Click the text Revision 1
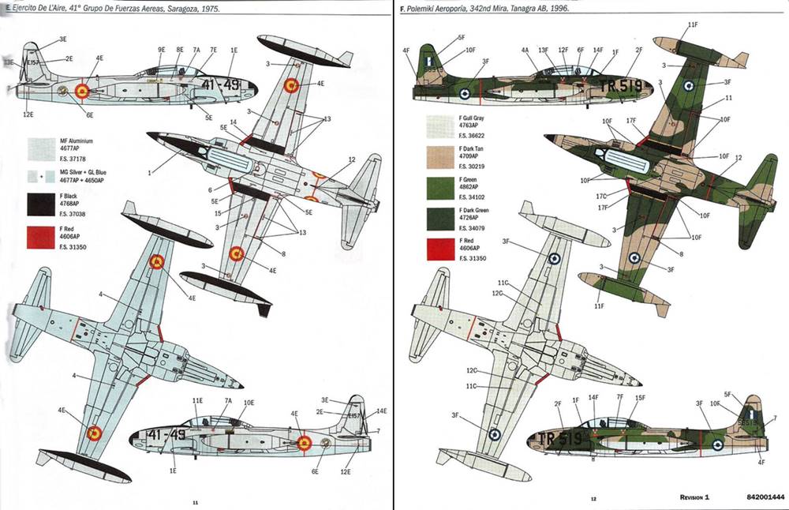pos(694,498)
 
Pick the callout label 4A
pos(525,50)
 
